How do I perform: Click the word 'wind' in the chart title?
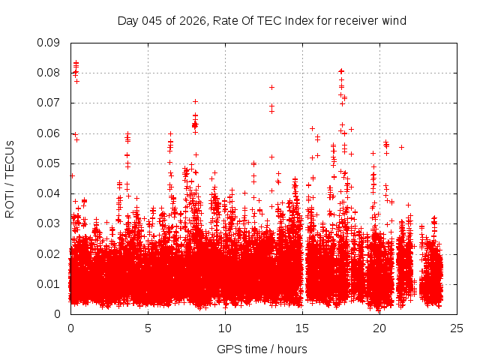tap(394, 20)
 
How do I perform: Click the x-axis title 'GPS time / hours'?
tap(262, 349)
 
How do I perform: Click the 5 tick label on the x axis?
tap(148, 328)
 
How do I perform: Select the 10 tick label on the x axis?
tap(225, 328)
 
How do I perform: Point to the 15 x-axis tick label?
tap(302, 328)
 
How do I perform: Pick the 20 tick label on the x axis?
tap(379, 328)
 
